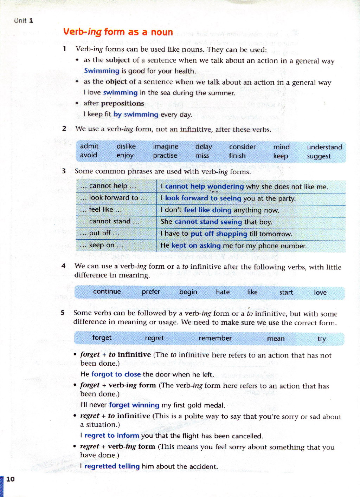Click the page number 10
click(11, 479)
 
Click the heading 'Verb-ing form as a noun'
click(118, 32)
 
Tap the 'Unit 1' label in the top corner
click(24, 20)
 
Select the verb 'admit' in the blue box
click(89, 146)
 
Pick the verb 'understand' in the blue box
click(324, 147)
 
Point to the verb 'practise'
click(165, 156)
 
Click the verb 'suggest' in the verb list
click(319, 156)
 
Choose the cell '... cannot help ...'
click(108, 186)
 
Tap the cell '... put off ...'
click(99, 233)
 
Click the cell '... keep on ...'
click(102, 245)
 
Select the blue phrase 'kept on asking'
click(196, 246)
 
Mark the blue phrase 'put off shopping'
click(219, 234)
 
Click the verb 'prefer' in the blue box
click(151, 292)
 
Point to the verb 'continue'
click(107, 292)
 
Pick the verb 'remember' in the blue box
click(215, 338)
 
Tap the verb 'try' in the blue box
click(321, 339)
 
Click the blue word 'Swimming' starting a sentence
click(102, 71)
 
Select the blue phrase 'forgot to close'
click(116, 374)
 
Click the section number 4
click(63, 266)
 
